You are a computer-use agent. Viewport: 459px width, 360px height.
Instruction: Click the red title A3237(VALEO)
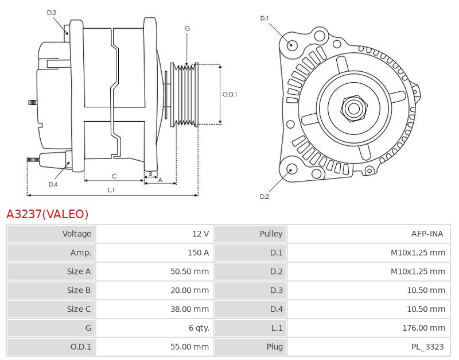coord(48,214)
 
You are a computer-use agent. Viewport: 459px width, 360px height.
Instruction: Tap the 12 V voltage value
coord(200,234)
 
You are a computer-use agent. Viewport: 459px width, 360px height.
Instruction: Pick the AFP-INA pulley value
coord(427,234)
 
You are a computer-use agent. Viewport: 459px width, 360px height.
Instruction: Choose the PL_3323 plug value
coord(427,347)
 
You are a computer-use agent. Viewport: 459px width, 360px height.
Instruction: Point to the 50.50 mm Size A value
coord(189,272)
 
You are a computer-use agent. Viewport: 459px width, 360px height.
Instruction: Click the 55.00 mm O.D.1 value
coord(189,347)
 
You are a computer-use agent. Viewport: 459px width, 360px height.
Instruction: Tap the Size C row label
coord(79,309)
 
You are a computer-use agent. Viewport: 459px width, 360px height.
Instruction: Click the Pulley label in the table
coord(271,234)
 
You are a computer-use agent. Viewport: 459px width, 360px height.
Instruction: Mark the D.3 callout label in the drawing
coord(52,12)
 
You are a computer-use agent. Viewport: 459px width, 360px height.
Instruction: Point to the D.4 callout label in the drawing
coord(53,184)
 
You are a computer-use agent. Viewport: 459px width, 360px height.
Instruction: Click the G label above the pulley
coord(187,28)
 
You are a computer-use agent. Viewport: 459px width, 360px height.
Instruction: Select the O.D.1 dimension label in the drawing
coord(229,95)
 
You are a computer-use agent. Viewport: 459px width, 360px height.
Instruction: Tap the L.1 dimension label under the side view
coord(111,189)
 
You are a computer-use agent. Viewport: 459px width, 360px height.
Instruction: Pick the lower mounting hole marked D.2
coord(291,169)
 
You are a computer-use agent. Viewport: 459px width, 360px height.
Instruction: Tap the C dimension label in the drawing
coord(114,176)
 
